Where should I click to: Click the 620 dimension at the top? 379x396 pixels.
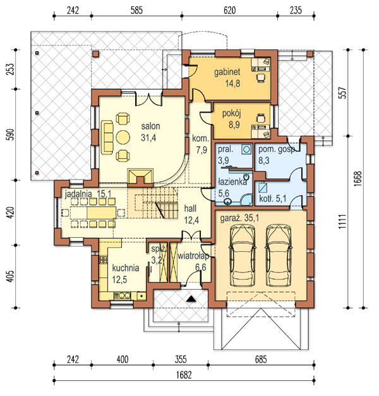[229, 11]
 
